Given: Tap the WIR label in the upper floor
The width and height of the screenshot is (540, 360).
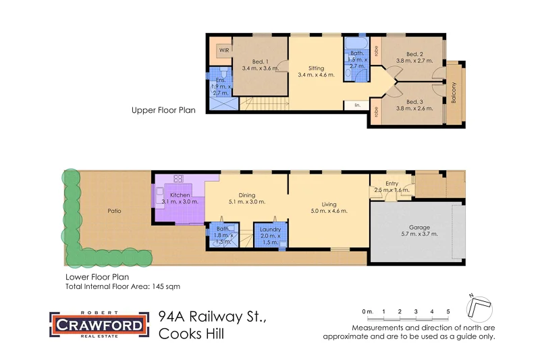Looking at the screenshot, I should (223, 50).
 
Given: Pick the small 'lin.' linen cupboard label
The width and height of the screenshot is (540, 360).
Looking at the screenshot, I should (357, 105).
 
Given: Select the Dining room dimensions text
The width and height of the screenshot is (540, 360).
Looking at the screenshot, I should (247, 201).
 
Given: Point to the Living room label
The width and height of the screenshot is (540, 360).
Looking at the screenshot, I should (329, 204).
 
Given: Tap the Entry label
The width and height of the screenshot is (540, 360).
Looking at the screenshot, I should (392, 184).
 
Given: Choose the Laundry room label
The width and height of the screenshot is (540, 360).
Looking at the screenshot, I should (270, 230).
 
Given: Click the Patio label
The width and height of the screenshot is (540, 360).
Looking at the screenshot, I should (115, 211).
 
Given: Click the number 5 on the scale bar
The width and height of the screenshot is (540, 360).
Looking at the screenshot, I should (448, 311).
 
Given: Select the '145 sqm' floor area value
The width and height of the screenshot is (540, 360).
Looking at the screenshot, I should (167, 286).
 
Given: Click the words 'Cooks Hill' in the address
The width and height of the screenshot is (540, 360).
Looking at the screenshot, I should (191, 333).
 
